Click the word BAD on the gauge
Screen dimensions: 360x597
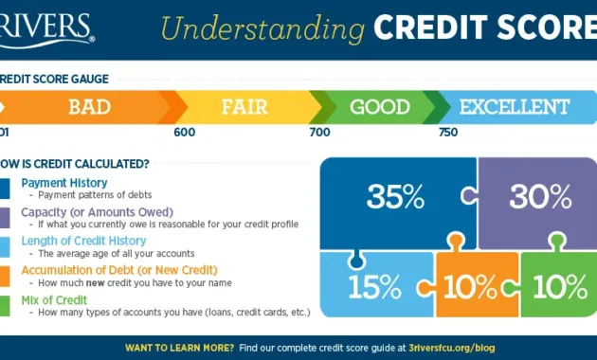(89, 107)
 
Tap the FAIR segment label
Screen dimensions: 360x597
(244, 107)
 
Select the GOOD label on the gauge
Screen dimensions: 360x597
(379, 107)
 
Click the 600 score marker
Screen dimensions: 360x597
(184, 132)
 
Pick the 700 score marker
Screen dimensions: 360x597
(319, 132)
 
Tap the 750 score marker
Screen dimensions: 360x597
(448, 132)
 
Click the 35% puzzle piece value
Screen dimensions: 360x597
(395, 197)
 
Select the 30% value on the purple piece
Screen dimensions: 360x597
(540, 197)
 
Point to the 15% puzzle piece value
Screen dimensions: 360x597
(374, 285)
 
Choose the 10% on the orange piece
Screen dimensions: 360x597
(469, 285)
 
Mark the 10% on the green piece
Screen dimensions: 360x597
(558, 285)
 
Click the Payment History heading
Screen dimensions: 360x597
(64, 183)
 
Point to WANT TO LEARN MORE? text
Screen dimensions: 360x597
(179, 348)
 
